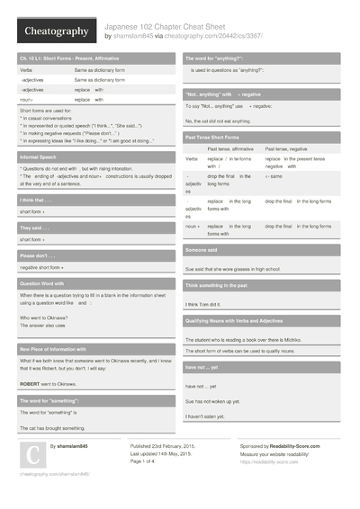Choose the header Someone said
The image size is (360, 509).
(202, 249)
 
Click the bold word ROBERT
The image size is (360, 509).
(33, 382)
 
